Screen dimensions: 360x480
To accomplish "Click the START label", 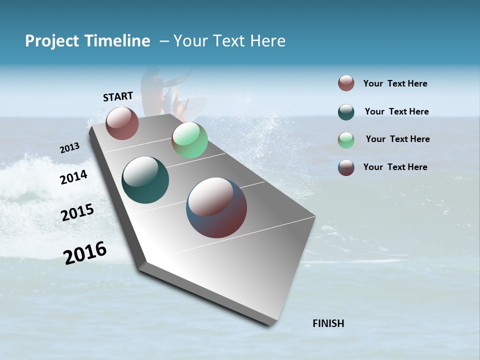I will pyautogui.click(x=118, y=96).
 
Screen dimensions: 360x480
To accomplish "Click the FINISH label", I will pyautogui.click(x=328, y=323).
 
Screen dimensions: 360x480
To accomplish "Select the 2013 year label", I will pyautogui.click(x=69, y=148).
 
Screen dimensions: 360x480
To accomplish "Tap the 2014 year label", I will pyautogui.click(x=73, y=177).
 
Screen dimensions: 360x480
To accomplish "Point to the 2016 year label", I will pyautogui.click(x=84, y=253).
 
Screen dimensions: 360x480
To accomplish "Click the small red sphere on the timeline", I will pyautogui.click(x=122, y=123).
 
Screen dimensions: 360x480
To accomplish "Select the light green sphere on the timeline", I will pyautogui.click(x=189, y=140).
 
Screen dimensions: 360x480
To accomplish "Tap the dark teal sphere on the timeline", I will pyautogui.click(x=145, y=180).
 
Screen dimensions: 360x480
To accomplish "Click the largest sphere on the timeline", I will pyautogui.click(x=216, y=207).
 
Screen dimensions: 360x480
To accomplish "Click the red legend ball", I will pyautogui.click(x=346, y=83).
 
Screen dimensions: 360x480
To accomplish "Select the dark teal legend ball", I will pyautogui.click(x=346, y=112).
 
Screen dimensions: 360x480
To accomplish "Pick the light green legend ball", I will pyautogui.click(x=346, y=140).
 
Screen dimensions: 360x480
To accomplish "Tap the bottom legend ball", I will pyautogui.click(x=346, y=167).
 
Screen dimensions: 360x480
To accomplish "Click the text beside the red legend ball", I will pyautogui.click(x=395, y=83).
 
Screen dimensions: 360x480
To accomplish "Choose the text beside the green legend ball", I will pyautogui.click(x=397, y=139).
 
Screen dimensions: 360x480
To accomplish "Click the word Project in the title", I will pyautogui.click(x=52, y=41).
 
